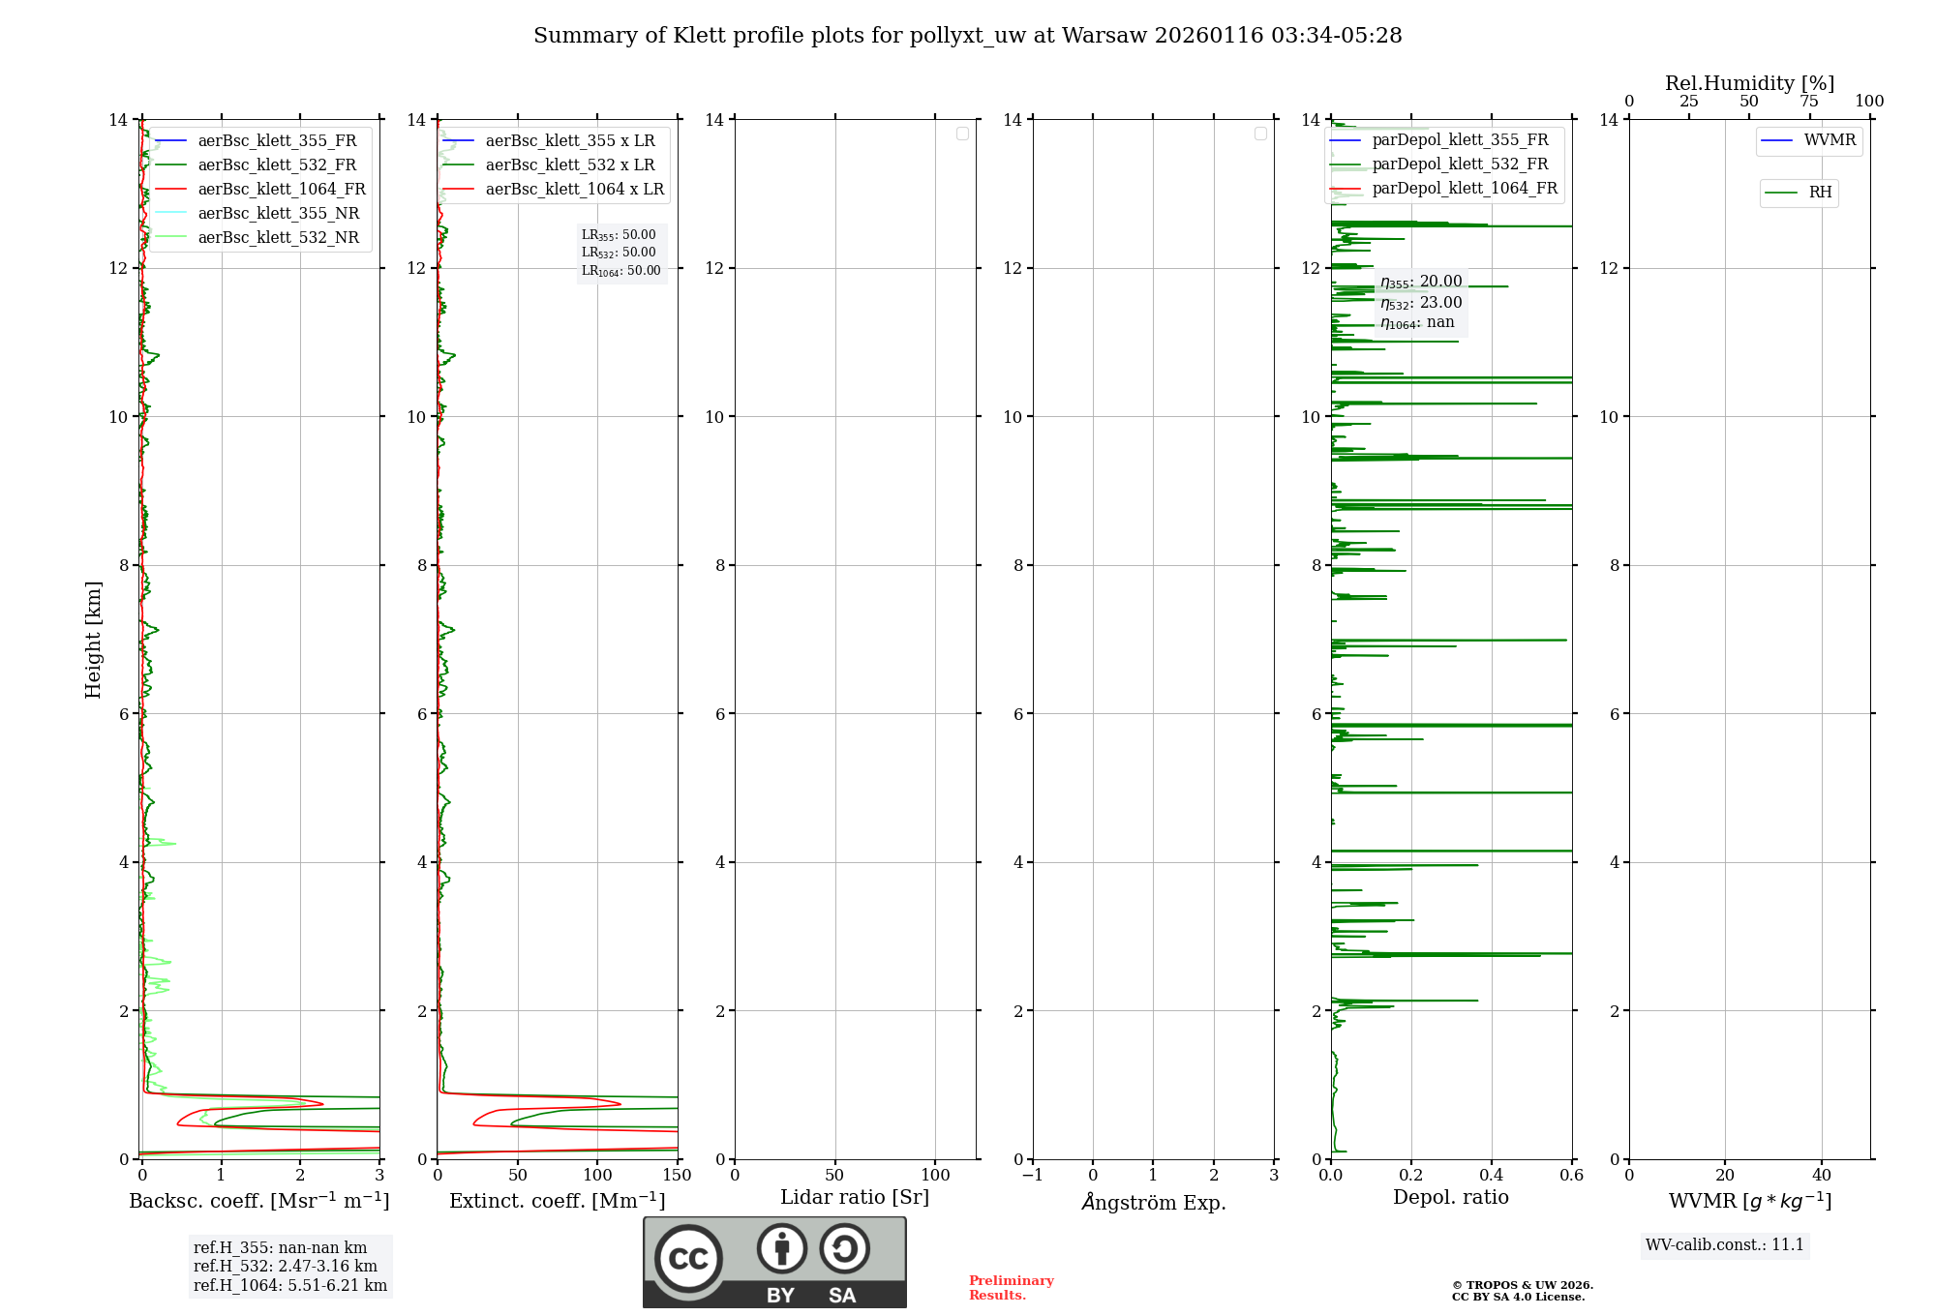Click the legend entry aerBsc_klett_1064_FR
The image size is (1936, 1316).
[x=281, y=190]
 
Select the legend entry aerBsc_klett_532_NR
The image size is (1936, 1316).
[x=278, y=238]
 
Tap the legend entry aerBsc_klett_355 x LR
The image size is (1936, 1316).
[x=569, y=141]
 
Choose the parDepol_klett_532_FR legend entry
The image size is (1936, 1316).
[x=1459, y=164]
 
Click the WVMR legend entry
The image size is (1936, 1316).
[x=1829, y=140]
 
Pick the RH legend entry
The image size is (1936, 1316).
[x=1819, y=193]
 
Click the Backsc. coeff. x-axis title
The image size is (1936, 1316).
[x=258, y=1201]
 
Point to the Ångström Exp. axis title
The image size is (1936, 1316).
[x=1153, y=1203]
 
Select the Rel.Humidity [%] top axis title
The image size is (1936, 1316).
[x=1749, y=83]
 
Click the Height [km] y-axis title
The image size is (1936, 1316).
[x=93, y=639]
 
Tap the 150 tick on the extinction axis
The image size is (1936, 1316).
[x=677, y=1176]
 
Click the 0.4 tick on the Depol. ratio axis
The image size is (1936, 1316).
[x=1492, y=1176]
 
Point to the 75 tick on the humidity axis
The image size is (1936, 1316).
[x=1808, y=102]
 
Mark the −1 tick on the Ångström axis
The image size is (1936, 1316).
[x=1032, y=1176]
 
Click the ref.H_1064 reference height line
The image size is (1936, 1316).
[x=289, y=1286]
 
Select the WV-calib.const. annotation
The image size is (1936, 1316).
[x=1724, y=1245]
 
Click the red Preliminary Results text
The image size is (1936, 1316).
[x=1011, y=1288]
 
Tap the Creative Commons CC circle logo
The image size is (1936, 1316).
[x=688, y=1259]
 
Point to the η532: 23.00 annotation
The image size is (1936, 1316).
[x=1420, y=303]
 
